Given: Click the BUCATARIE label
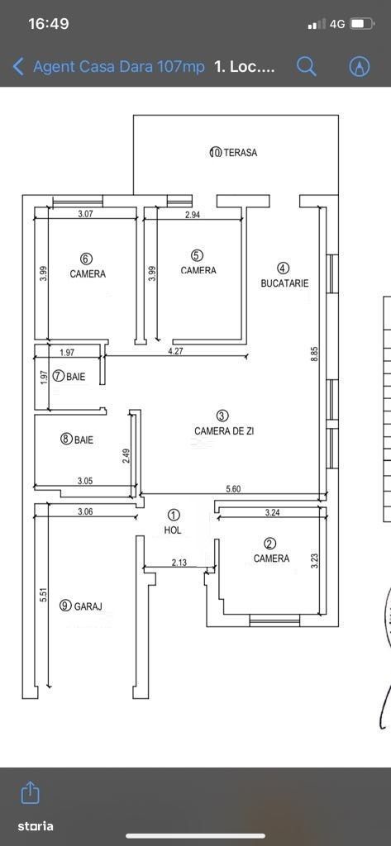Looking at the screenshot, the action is [x=284, y=283].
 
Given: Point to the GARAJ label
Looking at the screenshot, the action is [x=88, y=606].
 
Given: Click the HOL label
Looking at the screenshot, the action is [x=173, y=530].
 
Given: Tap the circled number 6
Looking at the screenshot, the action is [x=88, y=259].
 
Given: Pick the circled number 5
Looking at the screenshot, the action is [x=198, y=255].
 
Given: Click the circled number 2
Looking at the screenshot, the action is [x=271, y=544].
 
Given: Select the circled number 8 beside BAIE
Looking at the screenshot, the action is [x=66, y=440].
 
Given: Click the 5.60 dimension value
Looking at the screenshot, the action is [x=233, y=489].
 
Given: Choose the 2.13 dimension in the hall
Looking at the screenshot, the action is [x=179, y=563].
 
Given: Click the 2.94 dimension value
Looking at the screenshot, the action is [x=193, y=215].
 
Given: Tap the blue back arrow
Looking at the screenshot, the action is [x=18, y=68].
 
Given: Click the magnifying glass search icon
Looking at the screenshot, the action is [x=306, y=66].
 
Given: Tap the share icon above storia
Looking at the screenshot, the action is [x=30, y=792].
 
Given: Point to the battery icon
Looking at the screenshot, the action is [x=362, y=24].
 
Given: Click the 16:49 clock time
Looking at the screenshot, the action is [x=48, y=24].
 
